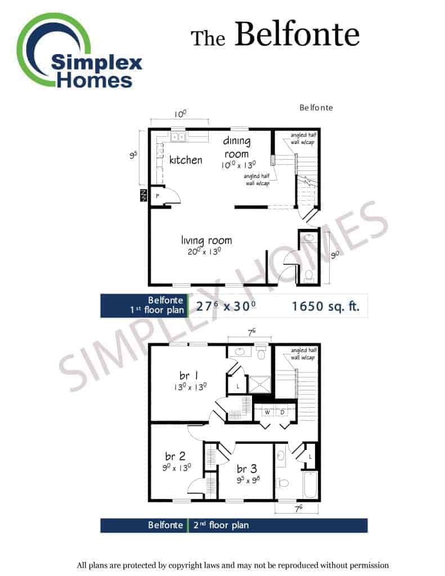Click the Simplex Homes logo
pyautogui.click(x=79, y=51)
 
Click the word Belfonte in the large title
pyautogui.click(x=297, y=34)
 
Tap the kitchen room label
pyautogui.click(x=186, y=160)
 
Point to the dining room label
pyautogui.click(x=237, y=147)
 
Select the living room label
pyautogui.click(x=206, y=241)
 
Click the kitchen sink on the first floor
pyautogui.click(x=178, y=137)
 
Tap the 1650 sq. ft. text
pyautogui.click(x=325, y=307)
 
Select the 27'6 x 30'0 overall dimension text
pyautogui.click(x=226, y=306)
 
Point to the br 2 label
pyautogui.click(x=175, y=456)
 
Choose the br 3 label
pyautogui.click(x=246, y=469)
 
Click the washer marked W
pyautogui.click(x=267, y=412)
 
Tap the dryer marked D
pyautogui.click(x=282, y=412)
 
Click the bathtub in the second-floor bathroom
pyautogui.click(x=311, y=485)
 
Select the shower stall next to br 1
pyautogui.click(x=259, y=385)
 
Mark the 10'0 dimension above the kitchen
pyautogui.click(x=180, y=114)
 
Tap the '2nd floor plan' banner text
pyautogui.click(x=221, y=525)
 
